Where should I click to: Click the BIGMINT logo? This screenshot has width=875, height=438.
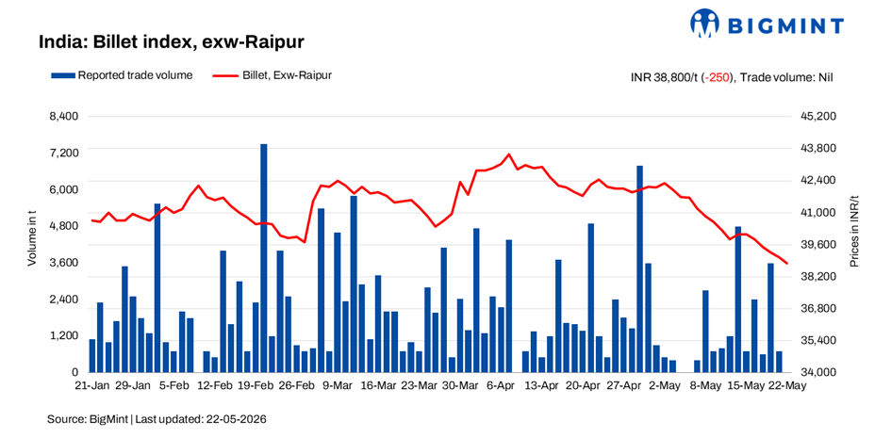tap(767, 24)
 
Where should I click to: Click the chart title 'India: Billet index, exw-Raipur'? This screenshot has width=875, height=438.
tap(172, 41)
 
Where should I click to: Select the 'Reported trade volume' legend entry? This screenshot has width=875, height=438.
tap(122, 75)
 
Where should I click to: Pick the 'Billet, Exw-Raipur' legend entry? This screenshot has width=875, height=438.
tap(272, 75)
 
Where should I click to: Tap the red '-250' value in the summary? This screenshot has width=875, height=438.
tap(718, 77)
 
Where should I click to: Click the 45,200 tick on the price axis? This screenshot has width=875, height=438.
tap(818, 117)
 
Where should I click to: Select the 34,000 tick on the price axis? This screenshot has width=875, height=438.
tap(818, 372)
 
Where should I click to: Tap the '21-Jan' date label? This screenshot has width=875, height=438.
tap(92, 385)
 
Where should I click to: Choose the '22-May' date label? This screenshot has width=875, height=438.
tap(788, 385)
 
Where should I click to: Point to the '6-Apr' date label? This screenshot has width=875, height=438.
tap(502, 385)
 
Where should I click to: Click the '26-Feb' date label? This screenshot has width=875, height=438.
tap(297, 385)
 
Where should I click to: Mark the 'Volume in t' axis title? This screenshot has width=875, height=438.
tap(32, 238)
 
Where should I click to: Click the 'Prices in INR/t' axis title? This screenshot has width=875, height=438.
tap(854, 232)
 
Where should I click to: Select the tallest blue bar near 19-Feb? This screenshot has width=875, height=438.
tap(264, 258)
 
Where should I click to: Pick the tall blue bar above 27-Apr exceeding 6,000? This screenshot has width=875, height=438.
tap(639, 268)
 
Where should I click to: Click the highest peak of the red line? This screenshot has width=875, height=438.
tap(509, 154)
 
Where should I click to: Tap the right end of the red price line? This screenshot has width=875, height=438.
tap(786, 264)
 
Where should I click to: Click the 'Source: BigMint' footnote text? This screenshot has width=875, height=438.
tap(157, 419)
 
